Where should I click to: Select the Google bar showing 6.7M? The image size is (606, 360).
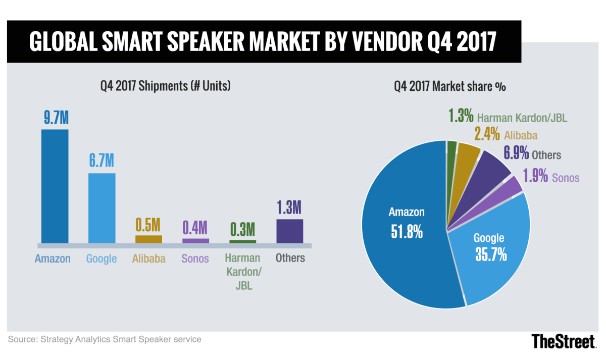[102, 208]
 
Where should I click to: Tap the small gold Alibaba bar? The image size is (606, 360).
[148, 239]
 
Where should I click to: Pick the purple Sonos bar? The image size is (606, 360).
[195, 240]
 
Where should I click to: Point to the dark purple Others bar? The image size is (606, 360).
[289, 231]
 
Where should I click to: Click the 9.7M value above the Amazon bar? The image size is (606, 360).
[55, 120]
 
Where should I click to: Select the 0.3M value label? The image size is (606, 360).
[242, 230]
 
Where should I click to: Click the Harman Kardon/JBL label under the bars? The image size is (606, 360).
[242, 272]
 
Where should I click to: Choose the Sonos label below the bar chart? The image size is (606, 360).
[195, 259]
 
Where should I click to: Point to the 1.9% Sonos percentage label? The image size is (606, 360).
[534, 177]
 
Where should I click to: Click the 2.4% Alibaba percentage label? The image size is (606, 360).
[487, 135]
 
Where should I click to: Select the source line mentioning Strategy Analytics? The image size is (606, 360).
[105, 339]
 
